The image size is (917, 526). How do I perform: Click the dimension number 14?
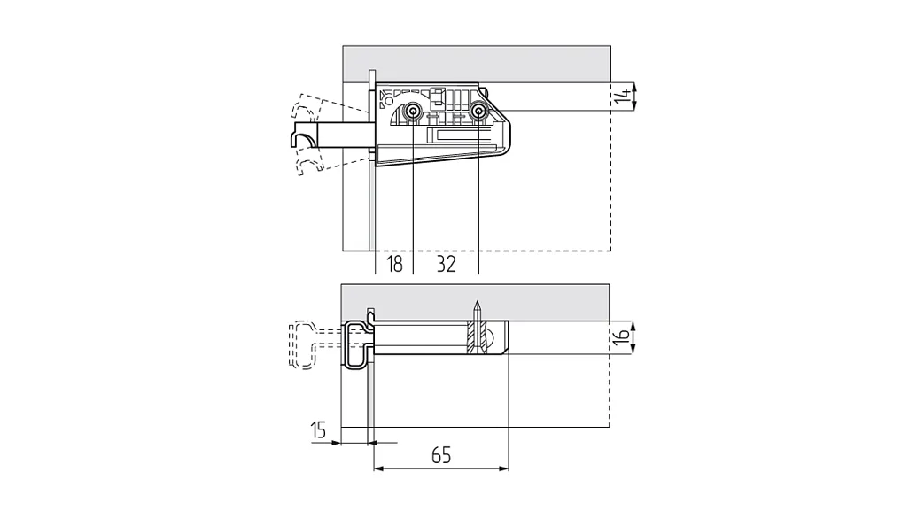click(624, 97)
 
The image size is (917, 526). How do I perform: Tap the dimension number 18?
click(395, 264)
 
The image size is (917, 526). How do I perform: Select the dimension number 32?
click(447, 264)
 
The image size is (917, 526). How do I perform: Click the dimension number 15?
click(318, 430)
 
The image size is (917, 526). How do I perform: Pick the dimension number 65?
click(441, 455)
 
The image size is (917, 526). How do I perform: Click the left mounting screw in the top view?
click(413, 111)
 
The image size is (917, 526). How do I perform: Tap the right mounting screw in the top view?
click(479, 111)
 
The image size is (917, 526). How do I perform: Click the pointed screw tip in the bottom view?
click(478, 304)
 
